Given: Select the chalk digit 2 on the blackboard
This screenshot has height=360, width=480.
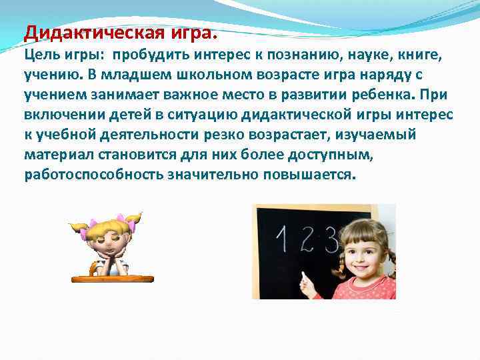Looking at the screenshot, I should pyautogui.click(x=307, y=239).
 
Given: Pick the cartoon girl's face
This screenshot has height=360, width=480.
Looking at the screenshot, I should pyautogui.click(x=109, y=239).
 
